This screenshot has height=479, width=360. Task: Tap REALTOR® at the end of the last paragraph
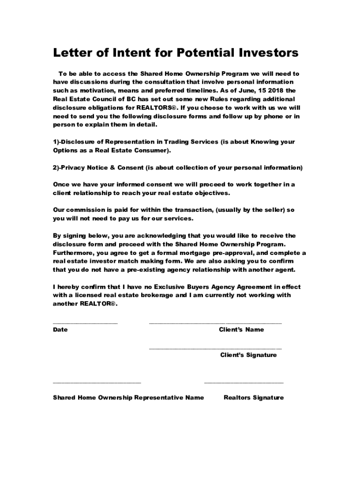click(98, 304)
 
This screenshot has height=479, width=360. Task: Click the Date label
click(60, 330)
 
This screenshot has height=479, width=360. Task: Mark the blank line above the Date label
click(85, 323)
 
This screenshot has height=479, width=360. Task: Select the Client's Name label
click(241, 330)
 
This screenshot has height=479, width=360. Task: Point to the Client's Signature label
click(248, 355)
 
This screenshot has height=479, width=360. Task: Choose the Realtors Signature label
click(253, 398)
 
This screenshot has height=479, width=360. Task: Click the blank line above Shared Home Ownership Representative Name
click(97, 383)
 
